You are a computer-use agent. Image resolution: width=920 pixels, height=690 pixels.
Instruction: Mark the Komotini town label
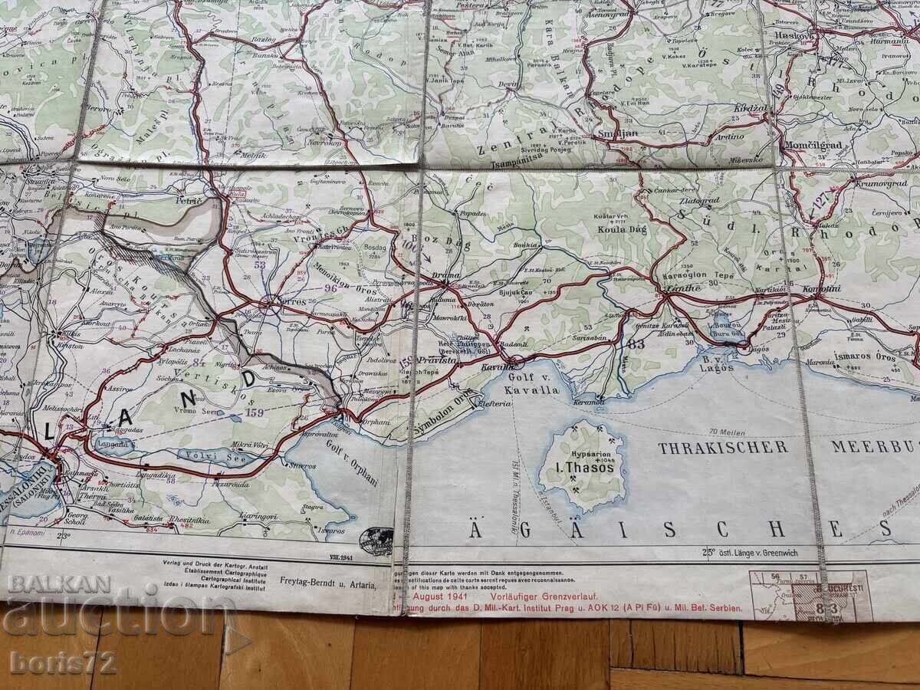[x=820, y=289]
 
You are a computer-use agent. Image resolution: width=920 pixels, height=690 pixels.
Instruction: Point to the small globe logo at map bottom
[x=376, y=541]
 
